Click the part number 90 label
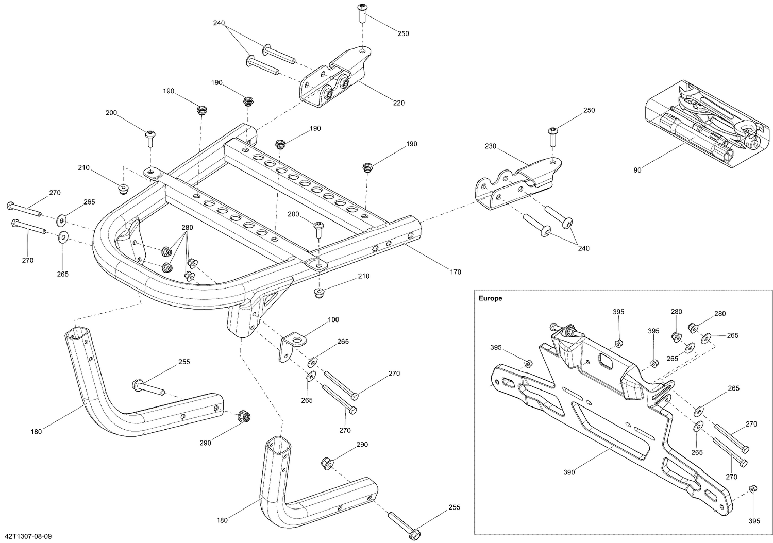click(x=637, y=170)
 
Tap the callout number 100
click(x=333, y=320)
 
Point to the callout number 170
click(x=455, y=272)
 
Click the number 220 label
click(x=398, y=103)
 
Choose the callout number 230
click(x=490, y=146)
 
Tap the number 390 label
click(x=569, y=472)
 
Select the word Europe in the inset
click(x=491, y=298)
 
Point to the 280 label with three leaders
click(x=187, y=227)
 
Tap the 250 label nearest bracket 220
click(x=403, y=33)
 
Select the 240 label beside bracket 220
click(x=220, y=23)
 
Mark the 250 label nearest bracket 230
click(x=589, y=110)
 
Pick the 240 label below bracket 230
click(x=583, y=248)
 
